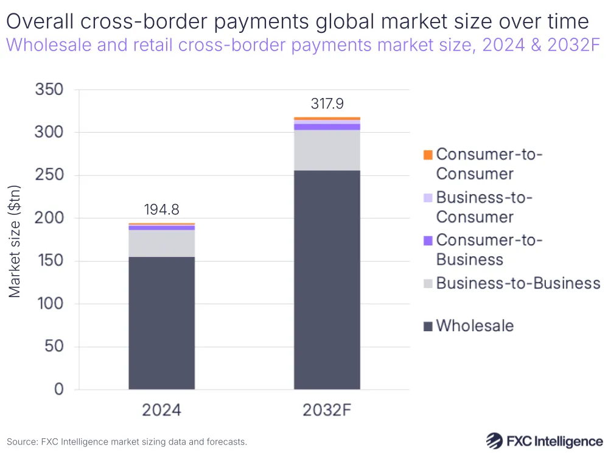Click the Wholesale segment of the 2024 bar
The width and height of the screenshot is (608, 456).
tap(161, 323)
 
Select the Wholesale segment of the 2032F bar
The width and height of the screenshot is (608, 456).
tap(327, 280)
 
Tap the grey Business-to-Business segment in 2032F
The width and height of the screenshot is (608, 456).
tap(327, 150)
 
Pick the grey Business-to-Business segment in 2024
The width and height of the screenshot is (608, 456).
tap(161, 243)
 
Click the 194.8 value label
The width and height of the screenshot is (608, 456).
tap(161, 210)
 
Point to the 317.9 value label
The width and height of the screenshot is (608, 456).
tap(327, 104)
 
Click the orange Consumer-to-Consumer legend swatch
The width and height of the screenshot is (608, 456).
tap(428, 155)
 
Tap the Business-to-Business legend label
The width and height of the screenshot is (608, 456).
tap(518, 282)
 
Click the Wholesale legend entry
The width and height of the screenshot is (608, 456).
tap(475, 326)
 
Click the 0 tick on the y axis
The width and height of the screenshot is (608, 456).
tap(58, 390)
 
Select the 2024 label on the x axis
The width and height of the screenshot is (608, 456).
tap(161, 410)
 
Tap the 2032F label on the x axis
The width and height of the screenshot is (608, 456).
tap(327, 410)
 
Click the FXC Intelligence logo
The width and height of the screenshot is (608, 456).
tap(544, 440)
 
